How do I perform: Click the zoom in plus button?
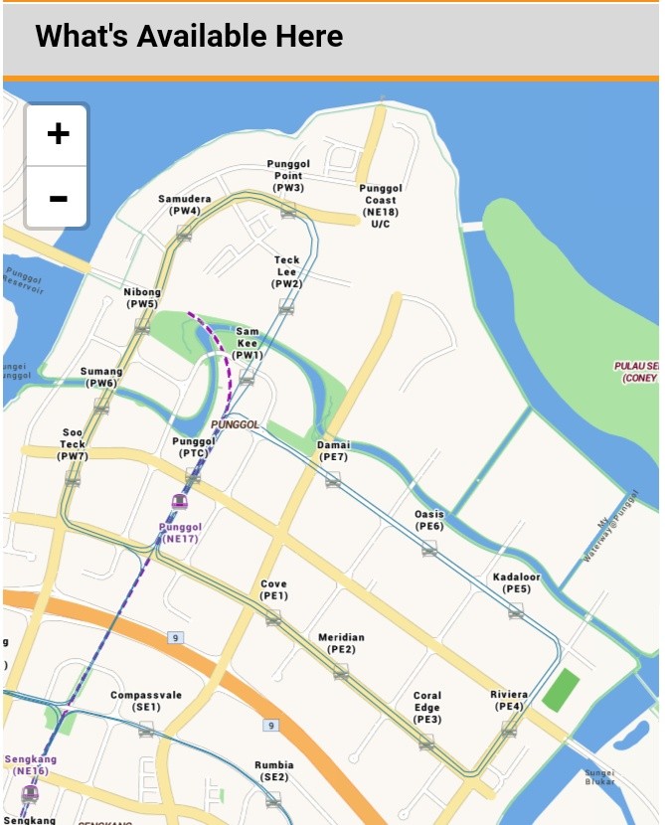[58, 134]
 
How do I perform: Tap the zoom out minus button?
[58, 198]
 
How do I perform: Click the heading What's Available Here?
[189, 37]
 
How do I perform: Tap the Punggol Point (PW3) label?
[288, 176]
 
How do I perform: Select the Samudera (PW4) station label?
[185, 205]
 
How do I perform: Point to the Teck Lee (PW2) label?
[286, 271]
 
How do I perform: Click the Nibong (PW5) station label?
[142, 298]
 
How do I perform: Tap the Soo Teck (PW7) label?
[73, 444]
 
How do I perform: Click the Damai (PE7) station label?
[333, 451]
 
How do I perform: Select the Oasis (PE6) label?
[429, 520]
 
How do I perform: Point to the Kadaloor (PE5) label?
[517, 582]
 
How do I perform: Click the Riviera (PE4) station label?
[509, 700]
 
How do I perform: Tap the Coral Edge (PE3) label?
[427, 707]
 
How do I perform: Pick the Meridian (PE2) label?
[341, 643]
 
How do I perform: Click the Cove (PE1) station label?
[273, 589]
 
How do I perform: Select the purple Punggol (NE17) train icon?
[180, 501]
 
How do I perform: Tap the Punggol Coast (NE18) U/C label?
[381, 206]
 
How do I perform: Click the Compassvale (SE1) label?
[146, 701]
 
